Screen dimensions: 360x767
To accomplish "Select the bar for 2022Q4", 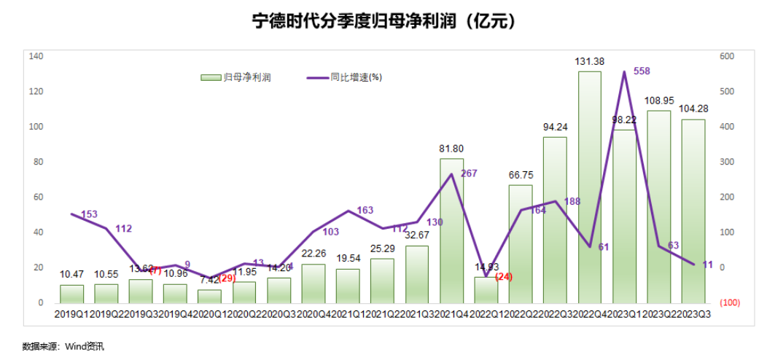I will tap(589, 189).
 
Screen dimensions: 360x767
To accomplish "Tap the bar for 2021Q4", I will tap(451, 233).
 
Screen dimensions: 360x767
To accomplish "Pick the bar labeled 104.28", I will tap(693, 211).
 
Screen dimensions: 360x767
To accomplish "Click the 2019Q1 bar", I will tap(71, 294).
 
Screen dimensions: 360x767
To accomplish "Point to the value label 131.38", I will tap(590, 62).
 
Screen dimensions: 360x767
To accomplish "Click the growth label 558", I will tap(642, 71).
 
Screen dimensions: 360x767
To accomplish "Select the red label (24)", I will tap(504, 277).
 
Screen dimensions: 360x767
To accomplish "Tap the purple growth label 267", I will tap(469, 173).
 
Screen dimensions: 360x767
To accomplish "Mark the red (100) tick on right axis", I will tap(729, 302).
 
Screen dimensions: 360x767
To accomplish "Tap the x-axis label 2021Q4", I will tap(452, 314).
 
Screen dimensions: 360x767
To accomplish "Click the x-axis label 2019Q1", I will tap(71, 314).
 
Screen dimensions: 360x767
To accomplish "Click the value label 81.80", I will tap(452, 149).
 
